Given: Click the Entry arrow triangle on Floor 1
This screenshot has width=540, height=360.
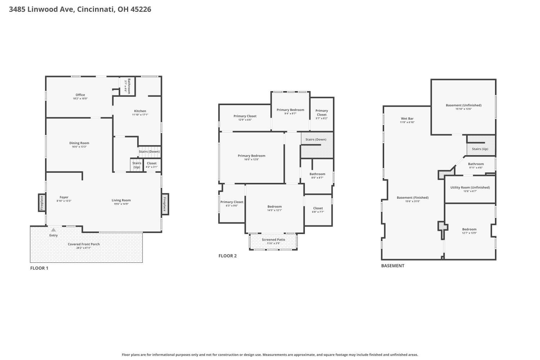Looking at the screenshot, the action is tap(54, 230).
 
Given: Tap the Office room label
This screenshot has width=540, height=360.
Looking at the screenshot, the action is tap(80, 95).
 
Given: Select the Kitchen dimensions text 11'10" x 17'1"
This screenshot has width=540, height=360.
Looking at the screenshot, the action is tap(140, 115).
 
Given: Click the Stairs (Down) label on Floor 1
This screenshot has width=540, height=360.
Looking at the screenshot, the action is tap(149, 152).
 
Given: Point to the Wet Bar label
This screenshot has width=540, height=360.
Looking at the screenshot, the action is tap(407, 119).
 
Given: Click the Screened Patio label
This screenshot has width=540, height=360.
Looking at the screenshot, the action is tap(273, 240).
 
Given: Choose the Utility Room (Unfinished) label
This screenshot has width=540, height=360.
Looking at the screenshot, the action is tap(470, 187).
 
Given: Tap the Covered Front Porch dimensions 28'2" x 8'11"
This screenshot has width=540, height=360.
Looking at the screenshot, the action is tap(84, 248).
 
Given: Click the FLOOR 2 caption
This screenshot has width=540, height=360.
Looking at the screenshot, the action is tap(228, 256).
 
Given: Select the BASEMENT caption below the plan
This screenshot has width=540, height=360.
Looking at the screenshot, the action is tap(393, 266).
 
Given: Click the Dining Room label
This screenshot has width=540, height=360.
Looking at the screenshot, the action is tap(79, 143).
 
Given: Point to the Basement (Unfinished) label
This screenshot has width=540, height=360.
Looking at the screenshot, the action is tap(464, 105).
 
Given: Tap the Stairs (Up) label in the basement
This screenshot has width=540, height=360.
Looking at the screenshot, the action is tap(480, 149).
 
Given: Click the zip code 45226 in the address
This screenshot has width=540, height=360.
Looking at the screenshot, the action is tap(141, 9).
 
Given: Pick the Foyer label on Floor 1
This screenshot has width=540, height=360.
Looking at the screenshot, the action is tap(64, 197).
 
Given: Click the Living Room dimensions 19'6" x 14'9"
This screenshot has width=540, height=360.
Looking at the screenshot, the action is tap(121, 204).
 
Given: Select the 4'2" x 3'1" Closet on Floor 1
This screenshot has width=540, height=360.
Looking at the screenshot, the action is tap(152, 165).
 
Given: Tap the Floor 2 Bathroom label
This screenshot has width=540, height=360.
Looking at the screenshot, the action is tap(317, 174).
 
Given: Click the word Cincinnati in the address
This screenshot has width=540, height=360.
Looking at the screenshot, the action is tap(96, 9).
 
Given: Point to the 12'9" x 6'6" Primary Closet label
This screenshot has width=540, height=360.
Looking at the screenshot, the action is tap(245, 116).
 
